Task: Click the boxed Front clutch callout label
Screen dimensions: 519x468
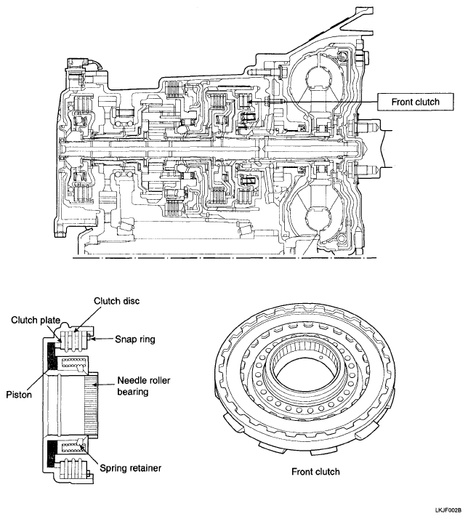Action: pyautogui.click(x=409, y=102)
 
